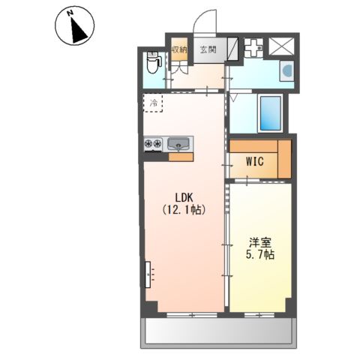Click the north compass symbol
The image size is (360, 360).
(x=74, y=25)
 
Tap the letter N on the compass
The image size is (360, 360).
(x=70, y=13)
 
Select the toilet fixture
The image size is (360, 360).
(x=153, y=62)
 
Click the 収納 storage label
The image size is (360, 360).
(x=179, y=49)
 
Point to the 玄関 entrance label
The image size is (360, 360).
(x=208, y=49)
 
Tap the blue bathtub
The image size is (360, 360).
(x=271, y=113)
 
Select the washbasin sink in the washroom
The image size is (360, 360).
(x=286, y=70)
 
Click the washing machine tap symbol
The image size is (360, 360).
(x=253, y=48)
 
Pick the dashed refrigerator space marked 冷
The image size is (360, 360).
(x=153, y=103)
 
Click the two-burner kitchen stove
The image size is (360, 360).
(x=153, y=144)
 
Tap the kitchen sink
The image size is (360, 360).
(x=178, y=144)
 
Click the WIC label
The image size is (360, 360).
(x=255, y=161)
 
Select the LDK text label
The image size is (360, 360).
(x=184, y=198)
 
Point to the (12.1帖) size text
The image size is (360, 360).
(x=184, y=209)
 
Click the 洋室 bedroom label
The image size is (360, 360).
(x=260, y=242)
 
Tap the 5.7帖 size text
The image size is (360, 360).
(x=260, y=255)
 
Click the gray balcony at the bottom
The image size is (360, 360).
(x=218, y=332)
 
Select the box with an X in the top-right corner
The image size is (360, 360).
(x=282, y=46)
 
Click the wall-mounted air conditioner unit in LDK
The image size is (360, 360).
(x=148, y=274)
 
